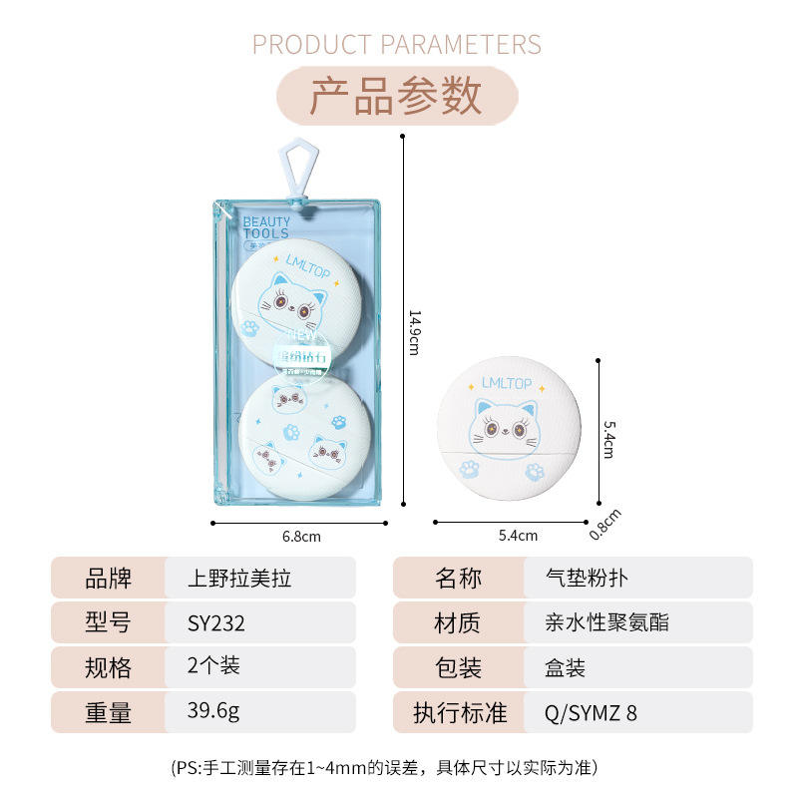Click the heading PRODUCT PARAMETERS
click(397, 45)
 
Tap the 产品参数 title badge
click(397, 96)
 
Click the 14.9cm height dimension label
click(413, 330)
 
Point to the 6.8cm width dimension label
click(301, 537)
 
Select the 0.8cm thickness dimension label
click(605, 525)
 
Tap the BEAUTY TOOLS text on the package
click(266, 227)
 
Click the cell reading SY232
click(216, 623)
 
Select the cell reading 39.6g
click(213, 712)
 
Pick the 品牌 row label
click(109, 579)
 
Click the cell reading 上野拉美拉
click(239, 579)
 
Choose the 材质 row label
click(457, 623)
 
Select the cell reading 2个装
click(213, 667)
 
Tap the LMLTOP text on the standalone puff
click(507, 382)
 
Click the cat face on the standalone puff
click(508, 424)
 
